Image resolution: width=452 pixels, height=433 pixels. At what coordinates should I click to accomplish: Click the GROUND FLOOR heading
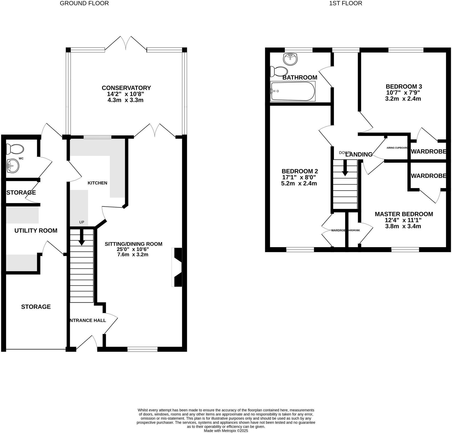(84, 3)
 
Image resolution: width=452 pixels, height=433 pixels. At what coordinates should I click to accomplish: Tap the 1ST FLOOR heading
(345, 3)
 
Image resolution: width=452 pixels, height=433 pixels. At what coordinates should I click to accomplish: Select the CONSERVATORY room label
(126, 88)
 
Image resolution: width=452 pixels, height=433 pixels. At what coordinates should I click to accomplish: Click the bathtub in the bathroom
(293, 91)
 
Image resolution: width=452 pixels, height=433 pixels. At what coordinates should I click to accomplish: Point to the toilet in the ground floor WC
(15, 149)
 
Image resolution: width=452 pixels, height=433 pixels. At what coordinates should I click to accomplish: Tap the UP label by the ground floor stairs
(82, 222)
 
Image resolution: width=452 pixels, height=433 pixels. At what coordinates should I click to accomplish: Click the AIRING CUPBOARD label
(397, 148)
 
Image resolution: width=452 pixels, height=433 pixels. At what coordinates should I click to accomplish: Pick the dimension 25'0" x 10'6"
(133, 250)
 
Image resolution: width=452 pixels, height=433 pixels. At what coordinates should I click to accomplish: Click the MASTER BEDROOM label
(404, 214)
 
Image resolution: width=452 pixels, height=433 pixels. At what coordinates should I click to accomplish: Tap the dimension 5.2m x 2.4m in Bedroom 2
(299, 183)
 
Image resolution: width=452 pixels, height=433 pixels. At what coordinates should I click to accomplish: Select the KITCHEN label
(97, 183)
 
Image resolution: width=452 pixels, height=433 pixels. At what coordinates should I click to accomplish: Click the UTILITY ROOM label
(36, 231)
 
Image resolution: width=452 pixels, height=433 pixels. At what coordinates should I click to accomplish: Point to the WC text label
(21, 158)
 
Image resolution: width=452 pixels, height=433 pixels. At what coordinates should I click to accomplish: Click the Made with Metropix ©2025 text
(226, 430)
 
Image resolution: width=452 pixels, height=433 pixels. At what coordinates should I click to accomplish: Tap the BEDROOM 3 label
(404, 87)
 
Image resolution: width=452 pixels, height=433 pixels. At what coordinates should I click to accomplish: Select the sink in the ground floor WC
(13, 166)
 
